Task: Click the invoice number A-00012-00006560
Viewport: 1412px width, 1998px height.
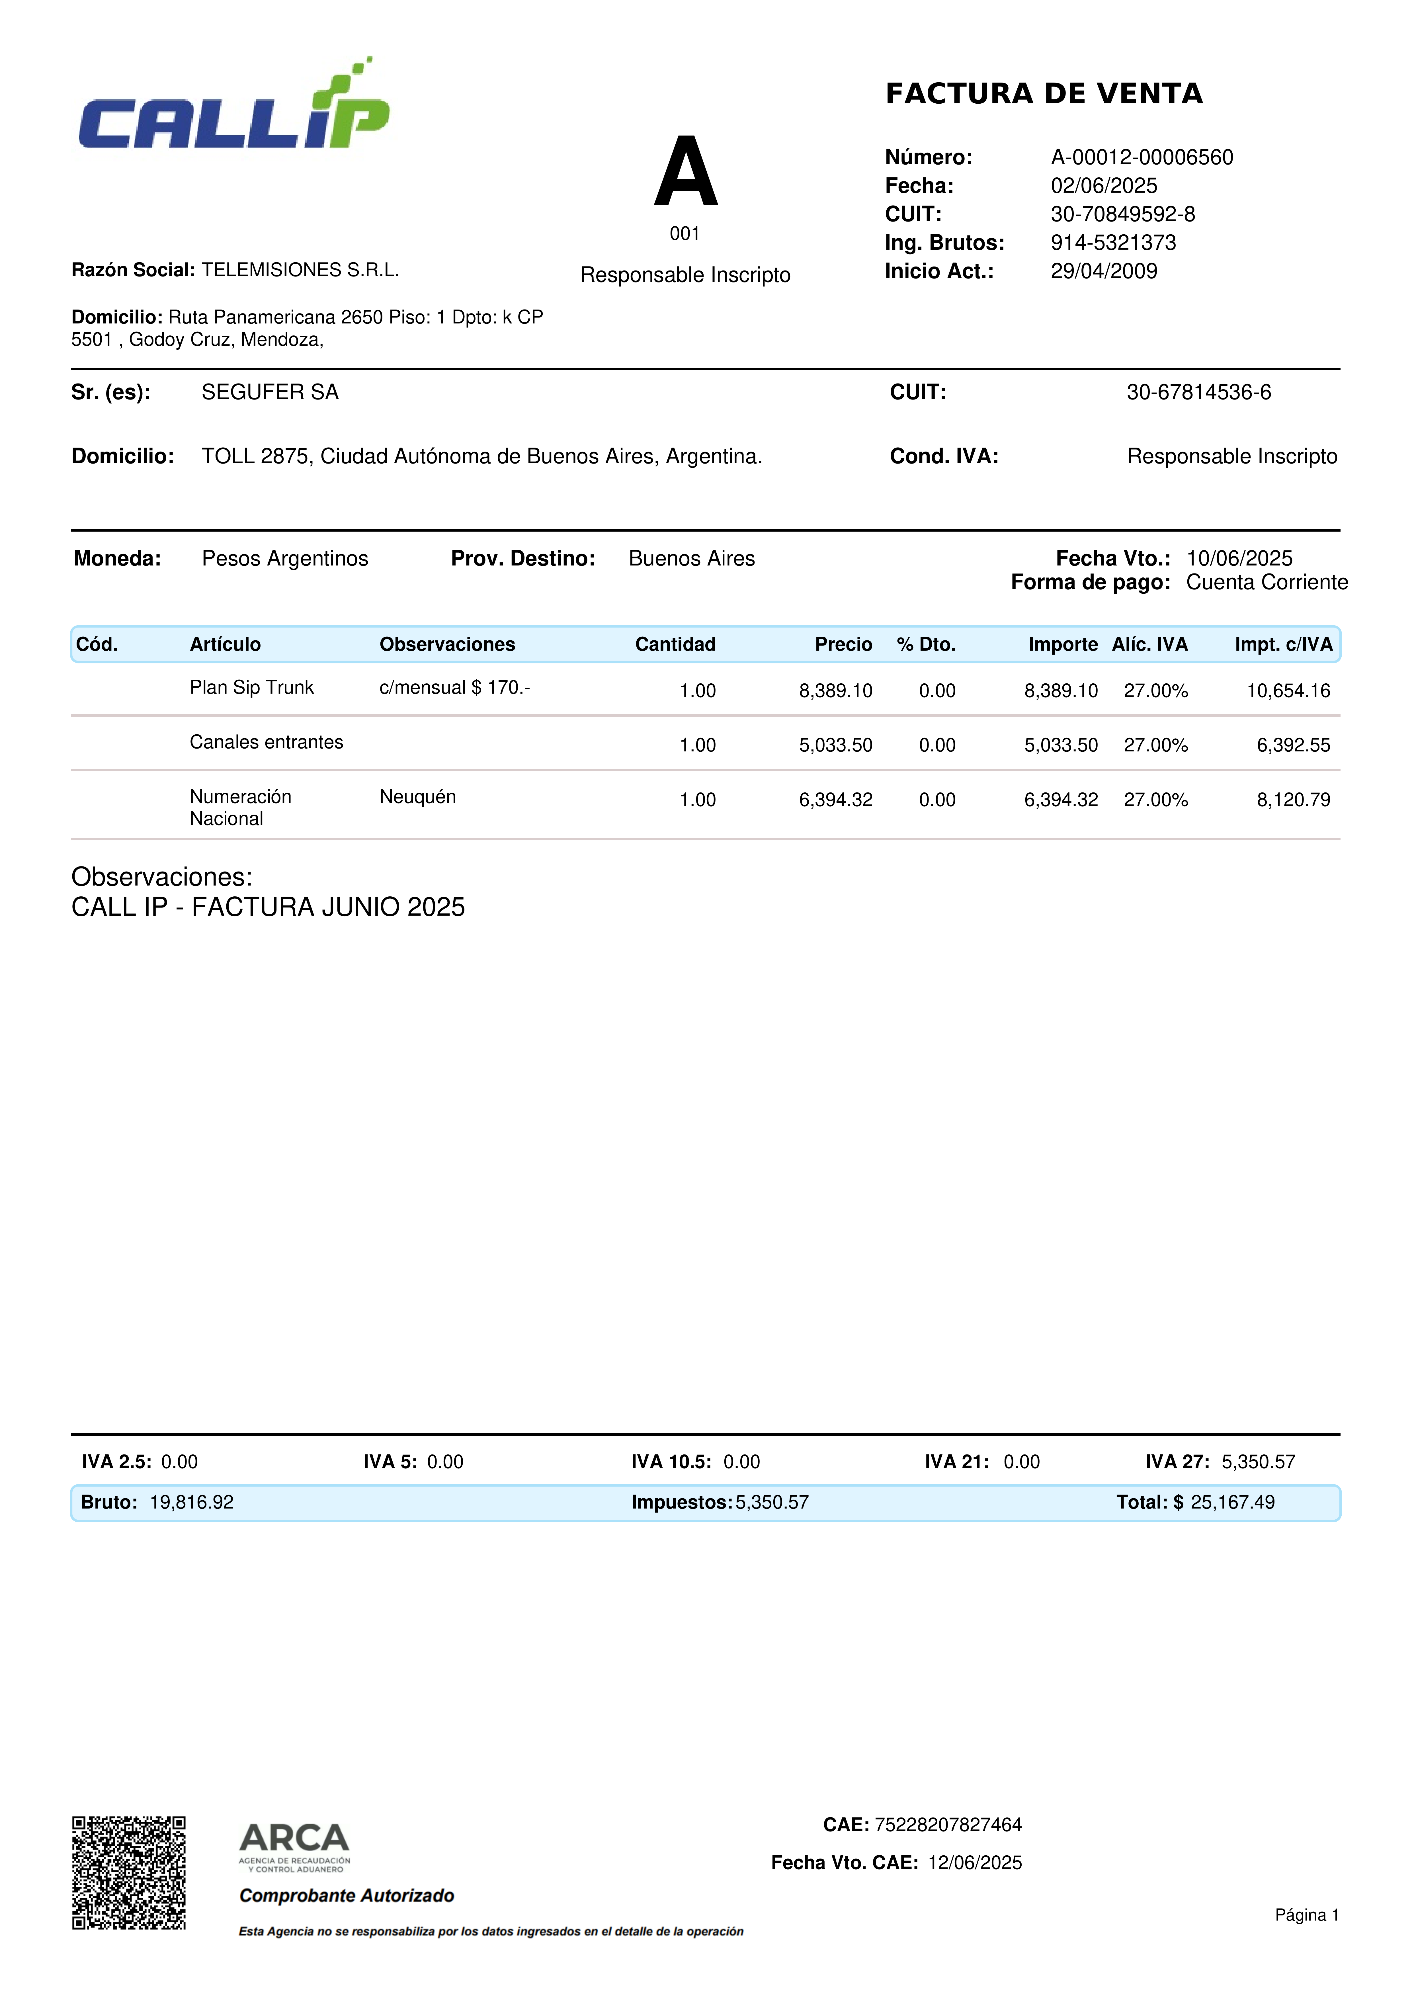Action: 1142,157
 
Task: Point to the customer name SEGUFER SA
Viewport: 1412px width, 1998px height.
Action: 270,392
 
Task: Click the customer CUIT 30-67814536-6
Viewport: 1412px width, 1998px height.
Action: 1198,392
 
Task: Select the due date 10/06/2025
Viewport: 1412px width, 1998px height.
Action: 1239,559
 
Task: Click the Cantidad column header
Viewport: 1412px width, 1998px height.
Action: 675,645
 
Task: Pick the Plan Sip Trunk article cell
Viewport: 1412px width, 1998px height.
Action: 251,687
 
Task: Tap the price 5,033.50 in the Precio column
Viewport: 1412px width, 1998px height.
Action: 835,746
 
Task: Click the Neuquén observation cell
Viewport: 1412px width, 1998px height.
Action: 418,797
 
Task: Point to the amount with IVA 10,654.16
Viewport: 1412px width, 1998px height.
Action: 1288,691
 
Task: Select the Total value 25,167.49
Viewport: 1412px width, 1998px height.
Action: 1232,1503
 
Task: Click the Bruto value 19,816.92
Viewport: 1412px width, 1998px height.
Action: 191,1503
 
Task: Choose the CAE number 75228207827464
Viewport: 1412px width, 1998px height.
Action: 947,1825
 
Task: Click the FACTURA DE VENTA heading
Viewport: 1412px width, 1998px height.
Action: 1044,94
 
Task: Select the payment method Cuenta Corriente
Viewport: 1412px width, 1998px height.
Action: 1267,583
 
